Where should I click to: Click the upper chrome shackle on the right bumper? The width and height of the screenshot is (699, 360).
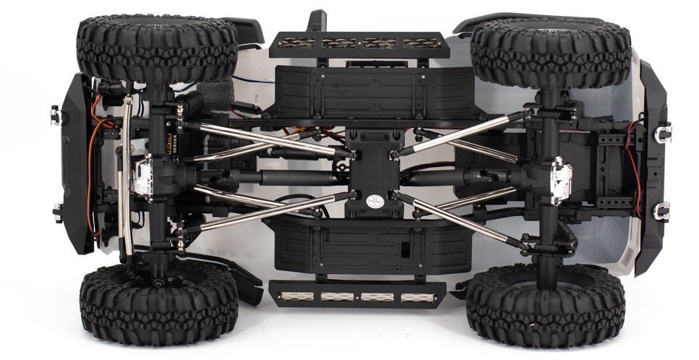[663, 132]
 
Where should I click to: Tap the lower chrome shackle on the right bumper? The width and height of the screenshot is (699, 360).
[661, 211]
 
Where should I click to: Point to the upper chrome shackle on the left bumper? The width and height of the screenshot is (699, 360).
[55, 114]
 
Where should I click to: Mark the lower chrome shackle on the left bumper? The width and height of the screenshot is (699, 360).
[57, 213]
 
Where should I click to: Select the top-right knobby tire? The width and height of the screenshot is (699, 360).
[550, 53]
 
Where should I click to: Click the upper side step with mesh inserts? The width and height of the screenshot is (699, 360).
[359, 43]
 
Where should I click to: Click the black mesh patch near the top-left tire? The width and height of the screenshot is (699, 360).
[210, 95]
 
